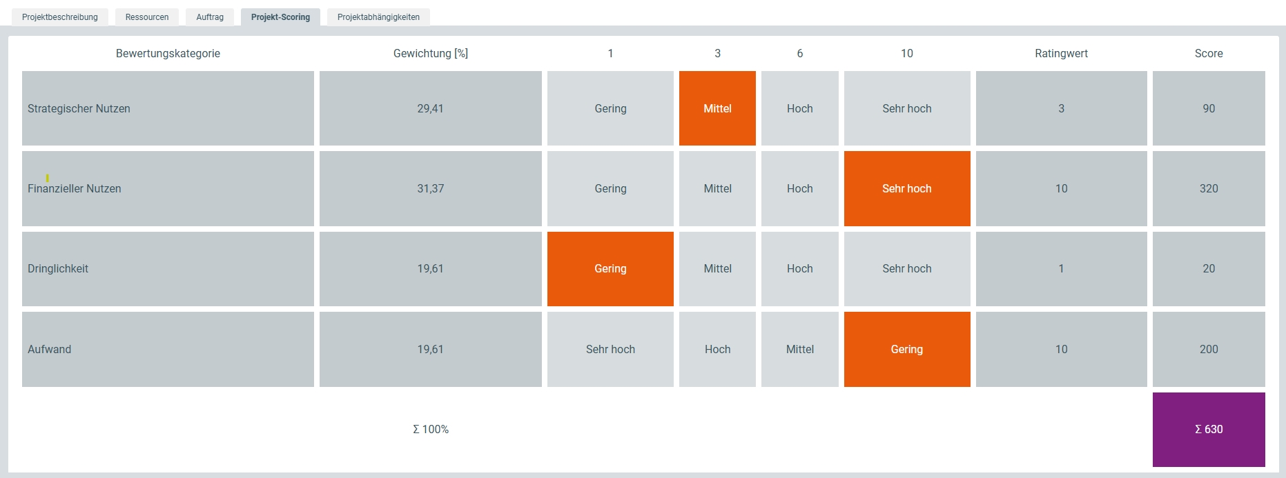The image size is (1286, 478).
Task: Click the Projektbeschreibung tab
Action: pyautogui.click(x=60, y=17)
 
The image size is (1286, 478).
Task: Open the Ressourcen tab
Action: pyautogui.click(x=147, y=17)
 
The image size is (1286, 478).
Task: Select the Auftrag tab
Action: pyautogui.click(x=210, y=17)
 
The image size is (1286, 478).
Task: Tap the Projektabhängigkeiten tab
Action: pyautogui.click(x=378, y=17)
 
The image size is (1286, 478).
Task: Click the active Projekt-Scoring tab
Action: pyautogui.click(x=280, y=17)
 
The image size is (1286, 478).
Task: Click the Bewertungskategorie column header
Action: pyautogui.click(x=168, y=53)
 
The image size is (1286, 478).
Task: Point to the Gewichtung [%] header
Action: pyautogui.click(x=431, y=53)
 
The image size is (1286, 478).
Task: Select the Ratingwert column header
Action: pyautogui.click(x=1061, y=53)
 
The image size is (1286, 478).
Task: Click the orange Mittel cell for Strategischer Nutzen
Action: pyautogui.click(x=717, y=108)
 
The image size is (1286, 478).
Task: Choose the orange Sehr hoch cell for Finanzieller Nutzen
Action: pyautogui.click(x=907, y=188)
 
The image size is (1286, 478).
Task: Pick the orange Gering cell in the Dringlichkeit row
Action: pyautogui.click(x=610, y=269)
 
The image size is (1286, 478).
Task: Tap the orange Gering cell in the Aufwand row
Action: pyautogui.click(x=907, y=349)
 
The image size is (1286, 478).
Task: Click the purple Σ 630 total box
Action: pyautogui.click(x=1209, y=429)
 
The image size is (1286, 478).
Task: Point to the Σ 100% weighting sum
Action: pyautogui.click(x=431, y=429)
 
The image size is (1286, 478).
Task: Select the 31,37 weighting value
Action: pyautogui.click(x=431, y=188)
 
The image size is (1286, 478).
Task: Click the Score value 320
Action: pyautogui.click(x=1209, y=188)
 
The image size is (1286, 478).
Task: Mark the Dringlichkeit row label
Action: pyautogui.click(x=58, y=269)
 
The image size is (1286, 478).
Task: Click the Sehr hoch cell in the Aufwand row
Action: pyautogui.click(x=610, y=349)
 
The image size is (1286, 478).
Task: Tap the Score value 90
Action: pyautogui.click(x=1209, y=108)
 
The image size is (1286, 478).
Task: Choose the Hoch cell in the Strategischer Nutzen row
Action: pyautogui.click(x=800, y=108)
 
